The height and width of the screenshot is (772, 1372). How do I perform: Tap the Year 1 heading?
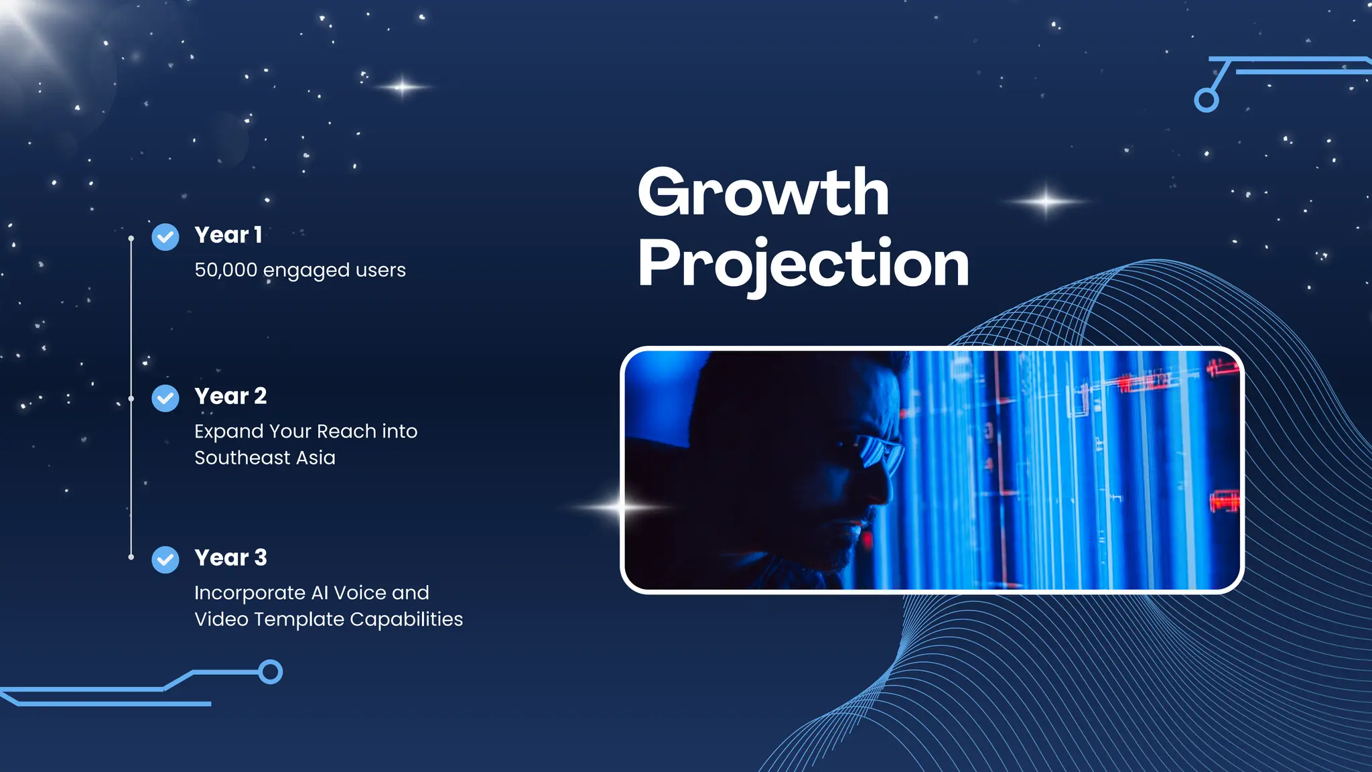(x=228, y=235)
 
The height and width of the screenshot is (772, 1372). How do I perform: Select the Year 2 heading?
(x=230, y=396)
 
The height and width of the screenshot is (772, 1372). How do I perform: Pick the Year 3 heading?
(x=230, y=558)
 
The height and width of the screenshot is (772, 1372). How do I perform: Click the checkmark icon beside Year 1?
(x=165, y=237)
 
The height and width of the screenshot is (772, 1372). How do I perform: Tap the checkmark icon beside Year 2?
(x=165, y=399)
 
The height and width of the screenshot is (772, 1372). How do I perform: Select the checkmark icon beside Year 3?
(x=165, y=560)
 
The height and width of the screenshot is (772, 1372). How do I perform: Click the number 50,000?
(x=226, y=270)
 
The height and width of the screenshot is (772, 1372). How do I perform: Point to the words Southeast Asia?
(x=265, y=458)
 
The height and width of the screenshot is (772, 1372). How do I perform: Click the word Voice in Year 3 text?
(x=360, y=593)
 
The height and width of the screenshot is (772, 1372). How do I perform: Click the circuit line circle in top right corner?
(x=1206, y=101)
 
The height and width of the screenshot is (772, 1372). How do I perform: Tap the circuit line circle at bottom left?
(x=271, y=671)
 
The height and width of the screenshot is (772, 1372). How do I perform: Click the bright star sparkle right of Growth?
(x=1046, y=201)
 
